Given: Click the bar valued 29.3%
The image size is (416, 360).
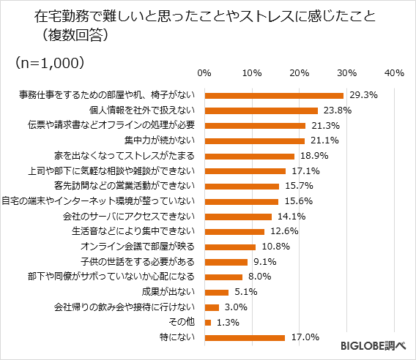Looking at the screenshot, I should click(274, 95).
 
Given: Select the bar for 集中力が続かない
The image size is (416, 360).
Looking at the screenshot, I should click(254, 140).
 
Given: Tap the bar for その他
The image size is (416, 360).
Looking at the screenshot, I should click(208, 322).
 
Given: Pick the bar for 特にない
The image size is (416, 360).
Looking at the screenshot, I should click(245, 337).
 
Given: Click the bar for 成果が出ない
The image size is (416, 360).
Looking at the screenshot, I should click(217, 292).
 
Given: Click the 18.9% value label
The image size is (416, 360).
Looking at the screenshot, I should click(313, 156).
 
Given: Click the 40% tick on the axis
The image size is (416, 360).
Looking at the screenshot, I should click(394, 73).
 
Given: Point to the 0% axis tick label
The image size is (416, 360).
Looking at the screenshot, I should click(205, 73).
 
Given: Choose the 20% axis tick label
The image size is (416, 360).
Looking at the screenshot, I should click(299, 73).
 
